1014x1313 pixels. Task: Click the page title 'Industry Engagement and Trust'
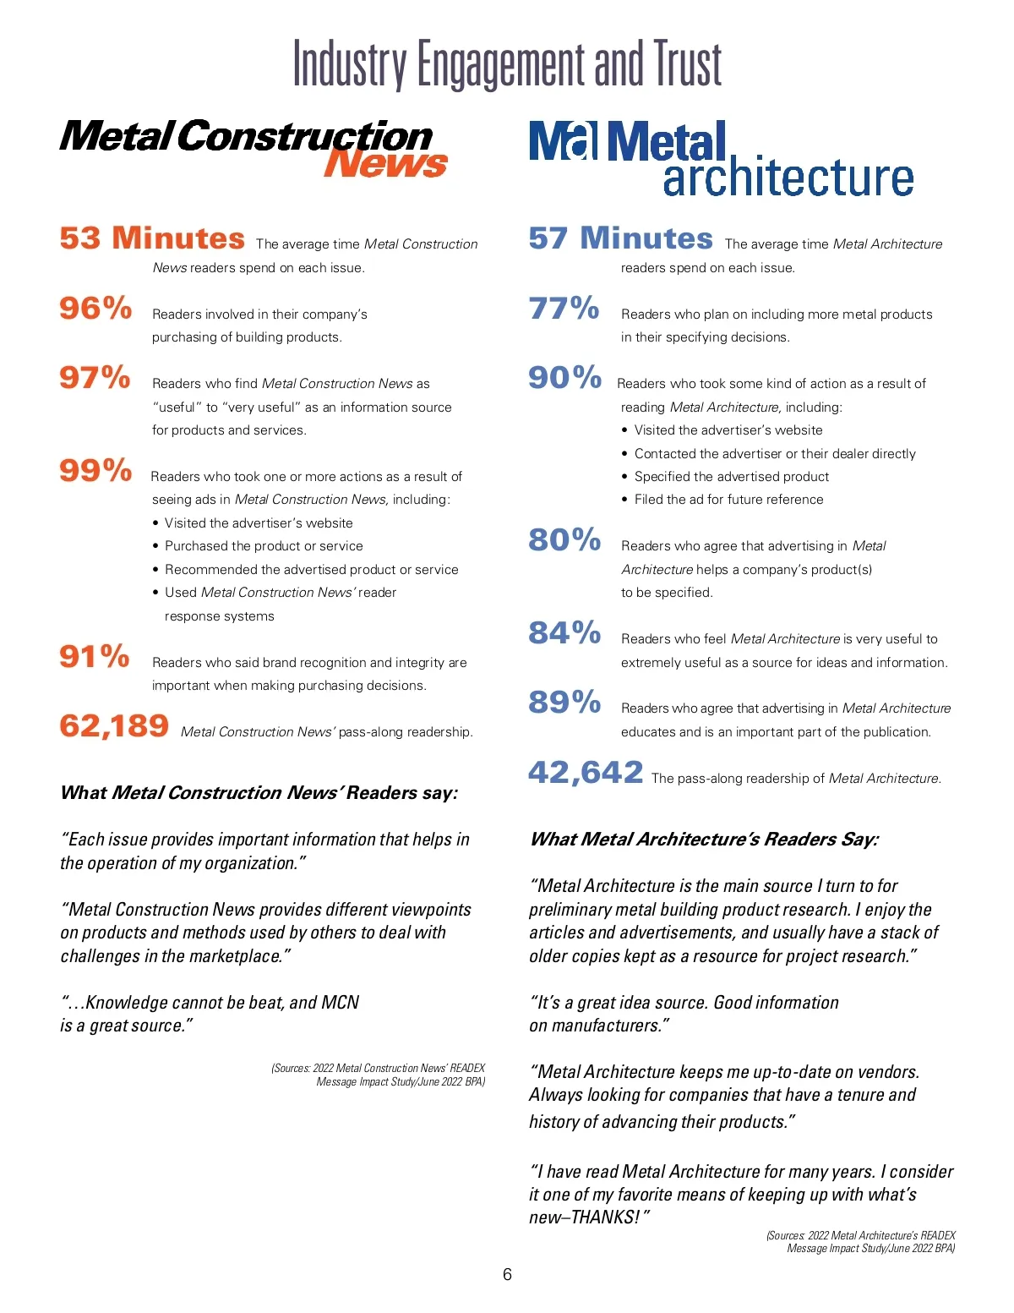coord(507,65)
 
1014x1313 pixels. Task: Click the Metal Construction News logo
coord(253,147)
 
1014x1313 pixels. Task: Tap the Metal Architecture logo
coord(721,158)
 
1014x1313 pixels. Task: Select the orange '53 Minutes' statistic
coord(152,238)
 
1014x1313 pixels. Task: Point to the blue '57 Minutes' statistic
coord(620,238)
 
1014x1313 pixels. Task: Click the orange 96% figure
coord(95,308)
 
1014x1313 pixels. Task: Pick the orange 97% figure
coord(95,377)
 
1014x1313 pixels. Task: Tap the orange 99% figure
coord(95,470)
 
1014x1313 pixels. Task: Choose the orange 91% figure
coord(95,656)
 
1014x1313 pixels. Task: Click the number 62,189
coord(114,725)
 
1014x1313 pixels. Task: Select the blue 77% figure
coord(564,308)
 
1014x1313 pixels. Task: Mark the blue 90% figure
coord(564,377)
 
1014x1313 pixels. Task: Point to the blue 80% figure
coord(564,539)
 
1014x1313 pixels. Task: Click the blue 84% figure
coord(564,632)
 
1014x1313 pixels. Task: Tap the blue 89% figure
coord(564,702)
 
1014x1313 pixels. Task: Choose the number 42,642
coord(586,772)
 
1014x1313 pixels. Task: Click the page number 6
coord(507,1274)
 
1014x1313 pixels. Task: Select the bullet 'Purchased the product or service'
coord(264,546)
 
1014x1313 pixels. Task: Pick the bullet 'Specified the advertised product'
coord(732,477)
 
